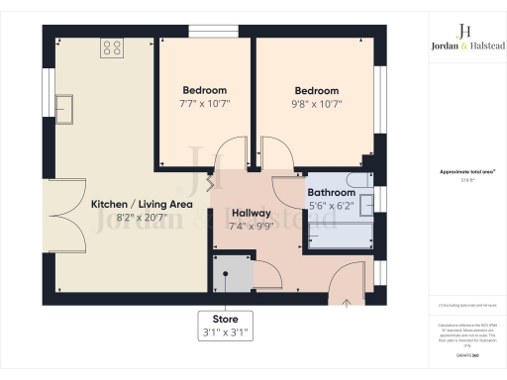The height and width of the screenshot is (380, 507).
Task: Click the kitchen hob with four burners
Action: point(111,46)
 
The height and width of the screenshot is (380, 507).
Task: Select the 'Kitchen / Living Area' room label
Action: point(142,204)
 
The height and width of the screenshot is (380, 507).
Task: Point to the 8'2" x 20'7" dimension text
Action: point(142,219)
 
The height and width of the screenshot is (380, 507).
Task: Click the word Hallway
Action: point(252,213)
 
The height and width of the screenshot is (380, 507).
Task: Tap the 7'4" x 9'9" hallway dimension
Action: point(252,227)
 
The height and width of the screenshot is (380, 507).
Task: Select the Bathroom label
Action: point(331,193)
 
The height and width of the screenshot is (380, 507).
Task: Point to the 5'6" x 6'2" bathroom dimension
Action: point(331,206)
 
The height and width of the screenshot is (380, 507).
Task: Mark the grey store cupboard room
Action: point(230,273)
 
